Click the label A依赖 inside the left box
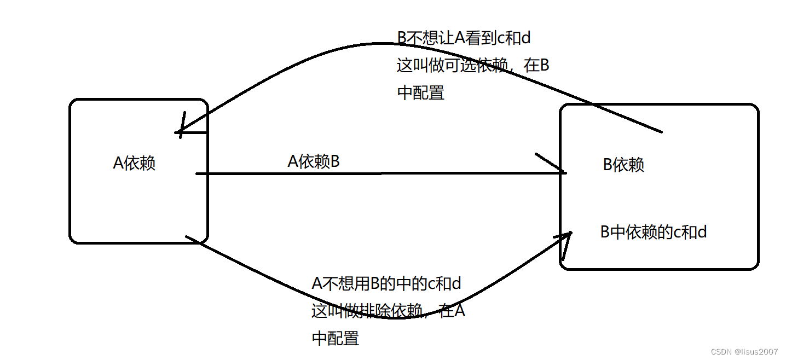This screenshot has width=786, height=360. click(134, 163)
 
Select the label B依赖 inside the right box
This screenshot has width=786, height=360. click(623, 165)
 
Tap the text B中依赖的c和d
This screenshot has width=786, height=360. click(654, 232)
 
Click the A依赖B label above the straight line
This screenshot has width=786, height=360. click(314, 161)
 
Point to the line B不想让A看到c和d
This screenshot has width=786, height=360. click(464, 38)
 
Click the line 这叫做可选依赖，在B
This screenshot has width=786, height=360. click(473, 65)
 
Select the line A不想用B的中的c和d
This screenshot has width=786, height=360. click(386, 283)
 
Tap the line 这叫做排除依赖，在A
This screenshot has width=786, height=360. click(388, 311)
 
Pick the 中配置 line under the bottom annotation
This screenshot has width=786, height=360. click(335, 338)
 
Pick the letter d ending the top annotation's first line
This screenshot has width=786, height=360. click(525, 38)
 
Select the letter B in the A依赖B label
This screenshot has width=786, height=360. click(334, 161)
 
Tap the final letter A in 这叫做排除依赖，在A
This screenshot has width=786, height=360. click(460, 311)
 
